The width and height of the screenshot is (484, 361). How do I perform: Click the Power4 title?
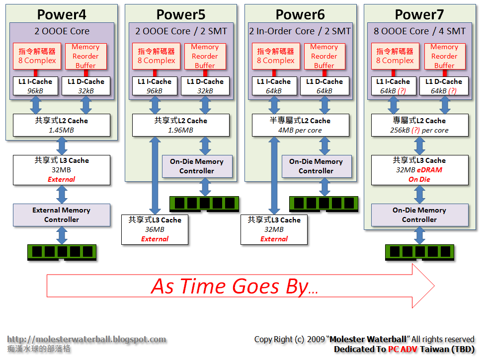click(62, 14)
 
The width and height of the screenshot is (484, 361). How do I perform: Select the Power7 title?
click(419, 14)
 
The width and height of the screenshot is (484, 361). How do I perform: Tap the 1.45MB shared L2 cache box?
click(62, 125)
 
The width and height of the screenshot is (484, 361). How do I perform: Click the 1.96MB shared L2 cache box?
click(180, 125)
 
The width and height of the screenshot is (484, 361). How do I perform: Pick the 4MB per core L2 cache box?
click(300, 125)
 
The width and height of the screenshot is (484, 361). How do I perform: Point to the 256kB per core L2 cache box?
click(419, 125)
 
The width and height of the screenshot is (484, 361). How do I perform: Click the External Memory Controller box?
click(62, 215)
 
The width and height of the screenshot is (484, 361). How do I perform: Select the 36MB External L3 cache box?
click(155, 229)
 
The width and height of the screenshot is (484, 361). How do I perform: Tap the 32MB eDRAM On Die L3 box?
click(419, 170)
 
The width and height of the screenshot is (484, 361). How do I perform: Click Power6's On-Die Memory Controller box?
click(317, 166)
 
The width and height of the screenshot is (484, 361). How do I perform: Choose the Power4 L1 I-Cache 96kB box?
click(35, 86)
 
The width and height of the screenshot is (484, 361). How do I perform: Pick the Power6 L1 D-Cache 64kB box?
click(324, 86)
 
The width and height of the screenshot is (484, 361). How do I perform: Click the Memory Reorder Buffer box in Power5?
click(205, 56)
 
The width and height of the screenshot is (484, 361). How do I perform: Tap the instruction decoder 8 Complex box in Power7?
click(395, 56)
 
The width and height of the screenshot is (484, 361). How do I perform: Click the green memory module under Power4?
click(62, 252)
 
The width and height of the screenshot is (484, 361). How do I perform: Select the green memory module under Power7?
click(419, 252)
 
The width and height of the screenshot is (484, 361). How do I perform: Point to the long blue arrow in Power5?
click(155, 176)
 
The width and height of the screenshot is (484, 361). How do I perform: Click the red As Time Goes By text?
click(234, 287)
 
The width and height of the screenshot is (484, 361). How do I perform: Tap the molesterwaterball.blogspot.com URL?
click(86, 340)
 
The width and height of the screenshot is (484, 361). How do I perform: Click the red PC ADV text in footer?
click(403, 349)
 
